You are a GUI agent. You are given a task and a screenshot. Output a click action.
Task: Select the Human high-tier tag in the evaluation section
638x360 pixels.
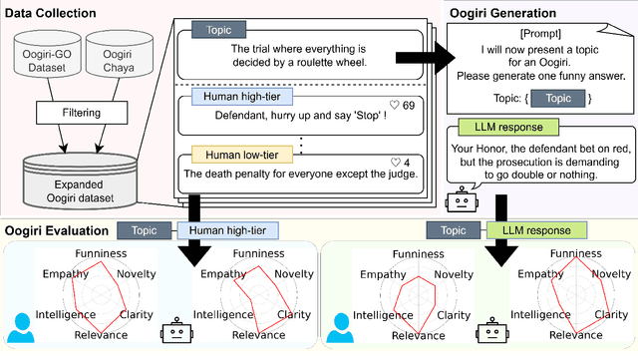(x=230, y=229)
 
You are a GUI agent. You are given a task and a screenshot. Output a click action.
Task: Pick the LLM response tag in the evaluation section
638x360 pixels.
(x=528, y=229)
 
